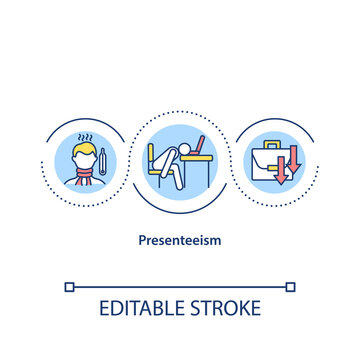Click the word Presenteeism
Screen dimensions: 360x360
click(x=180, y=241)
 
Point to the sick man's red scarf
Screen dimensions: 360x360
click(x=85, y=182)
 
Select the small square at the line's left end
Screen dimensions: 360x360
click(x=68, y=288)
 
